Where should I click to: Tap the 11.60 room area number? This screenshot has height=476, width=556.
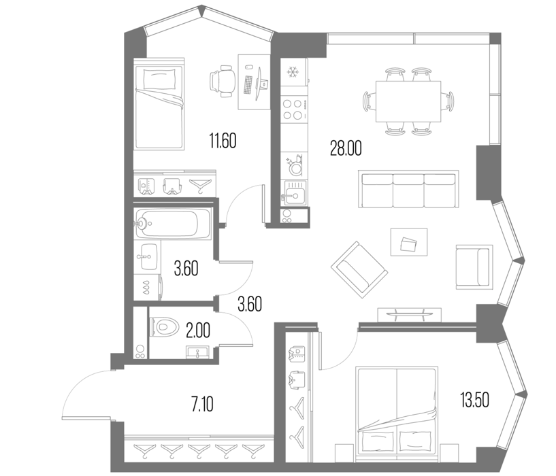coord(223,141)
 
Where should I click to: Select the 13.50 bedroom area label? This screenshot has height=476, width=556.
coord(475,400)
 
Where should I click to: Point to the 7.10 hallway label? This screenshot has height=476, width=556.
coord(203,404)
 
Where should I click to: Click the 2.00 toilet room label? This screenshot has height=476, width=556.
coord(198,330)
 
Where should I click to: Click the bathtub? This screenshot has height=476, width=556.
coord(173,223)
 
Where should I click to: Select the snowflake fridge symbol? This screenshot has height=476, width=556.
coord(293,72)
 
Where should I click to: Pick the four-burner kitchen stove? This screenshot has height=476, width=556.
coord(294,109)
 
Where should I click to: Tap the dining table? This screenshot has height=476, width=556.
coord(408,101)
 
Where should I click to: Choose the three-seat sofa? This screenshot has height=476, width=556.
coord(408,189)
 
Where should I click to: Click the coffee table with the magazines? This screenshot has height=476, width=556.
coord(409,241)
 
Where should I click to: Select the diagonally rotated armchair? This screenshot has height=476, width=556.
coord(359,267)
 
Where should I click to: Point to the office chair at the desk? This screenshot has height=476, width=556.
coord(223,81)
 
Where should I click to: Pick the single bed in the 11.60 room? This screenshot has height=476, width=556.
coord(159,104)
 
